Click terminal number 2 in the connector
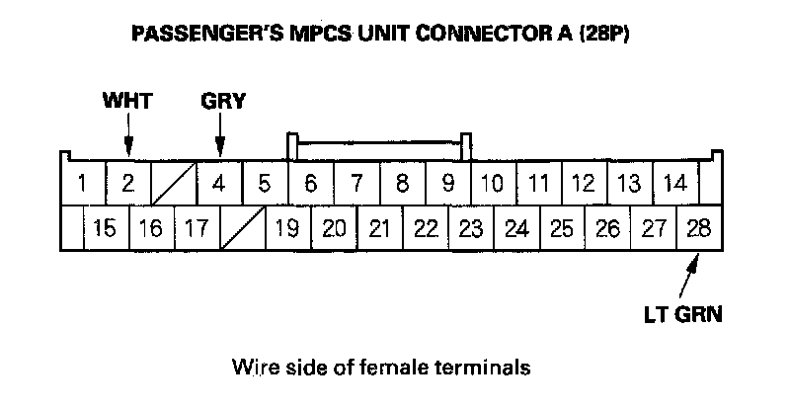(x=128, y=183)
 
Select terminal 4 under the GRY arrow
(x=219, y=183)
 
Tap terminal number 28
(x=698, y=229)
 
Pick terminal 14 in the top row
(x=674, y=183)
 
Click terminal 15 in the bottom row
(x=105, y=229)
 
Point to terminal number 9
(x=447, y=183)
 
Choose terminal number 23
(x=471, y=229)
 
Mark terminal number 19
(x=287, y=229)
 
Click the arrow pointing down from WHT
(x=128, y=132)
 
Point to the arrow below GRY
(x=220, y=132)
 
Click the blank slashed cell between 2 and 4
(x=174, y=183)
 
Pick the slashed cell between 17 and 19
(x=242, y=229)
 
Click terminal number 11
(x=538, y=183)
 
